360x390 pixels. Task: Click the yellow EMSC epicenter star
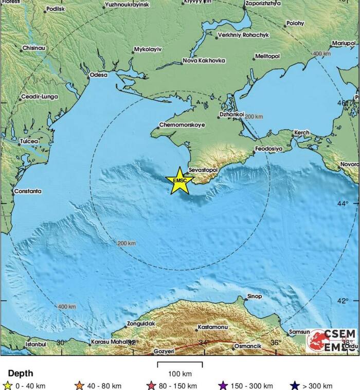(180, 181)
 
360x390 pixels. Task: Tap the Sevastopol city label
(204, 169)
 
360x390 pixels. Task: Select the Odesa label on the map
(99, 75)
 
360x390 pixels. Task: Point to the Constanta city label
(28, 191)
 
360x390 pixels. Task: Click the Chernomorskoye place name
(182, 125)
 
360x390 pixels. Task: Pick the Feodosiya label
(268, 148)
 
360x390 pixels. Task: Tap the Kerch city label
(301, 133)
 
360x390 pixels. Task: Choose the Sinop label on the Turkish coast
(255, 296)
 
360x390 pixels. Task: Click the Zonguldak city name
(140, 324)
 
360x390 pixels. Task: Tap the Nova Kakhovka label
(204, 61)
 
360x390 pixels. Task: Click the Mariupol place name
(344, 43)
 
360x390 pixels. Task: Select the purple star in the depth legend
(223, 385)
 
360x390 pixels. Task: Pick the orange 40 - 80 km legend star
(79, 385)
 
